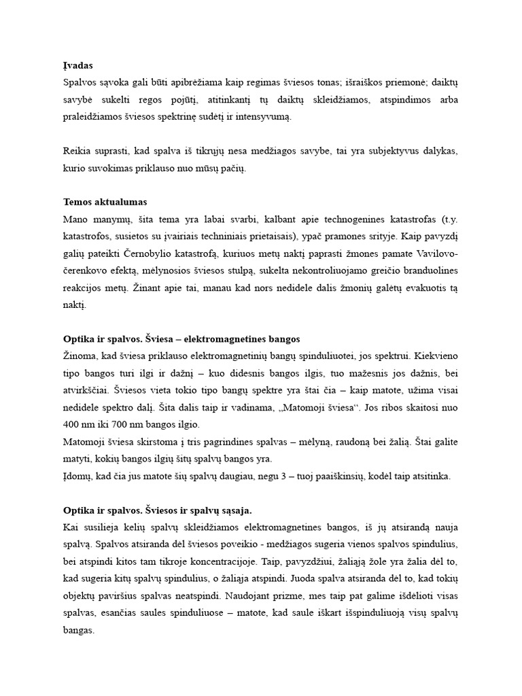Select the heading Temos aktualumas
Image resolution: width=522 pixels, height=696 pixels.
point(105,202)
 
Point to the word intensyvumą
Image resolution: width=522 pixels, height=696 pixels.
point(263,117)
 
